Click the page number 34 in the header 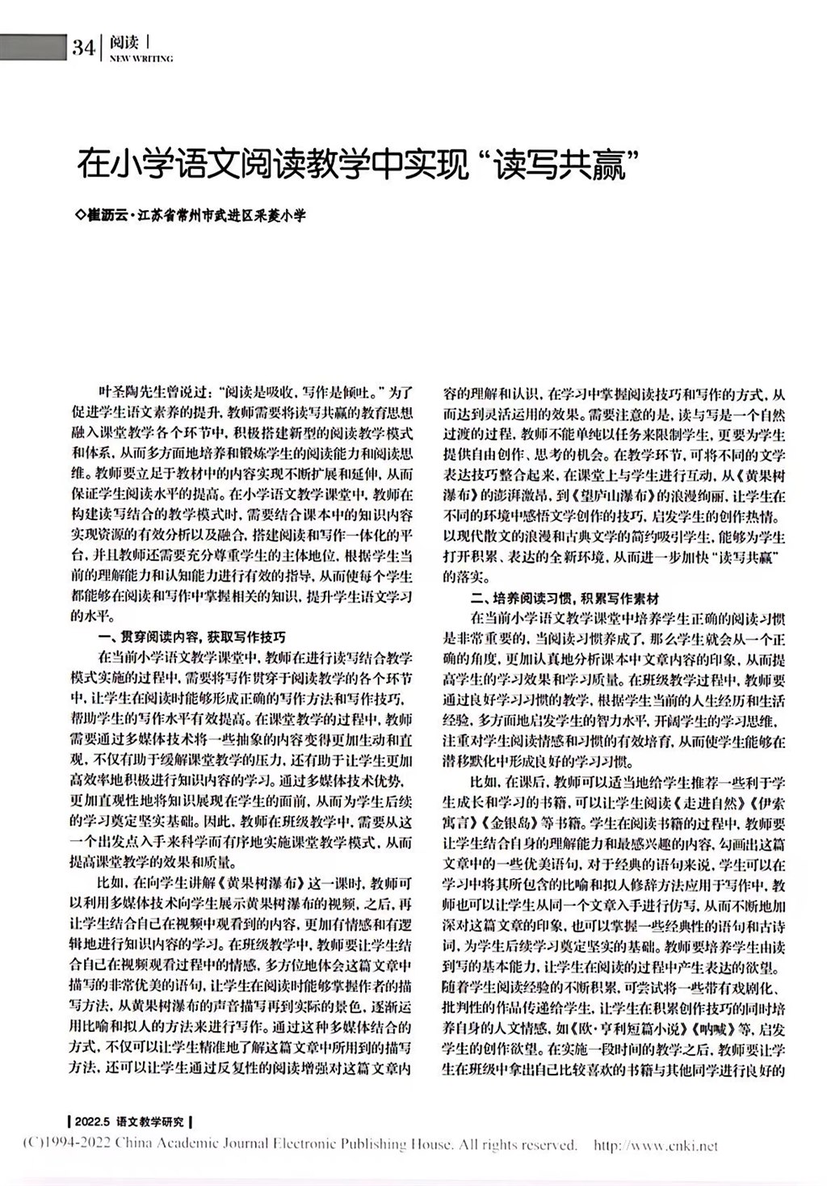(83, 48)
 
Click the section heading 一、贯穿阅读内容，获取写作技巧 (191, 637)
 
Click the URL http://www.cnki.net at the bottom (655, 1145)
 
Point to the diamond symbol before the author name (79, 217)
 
